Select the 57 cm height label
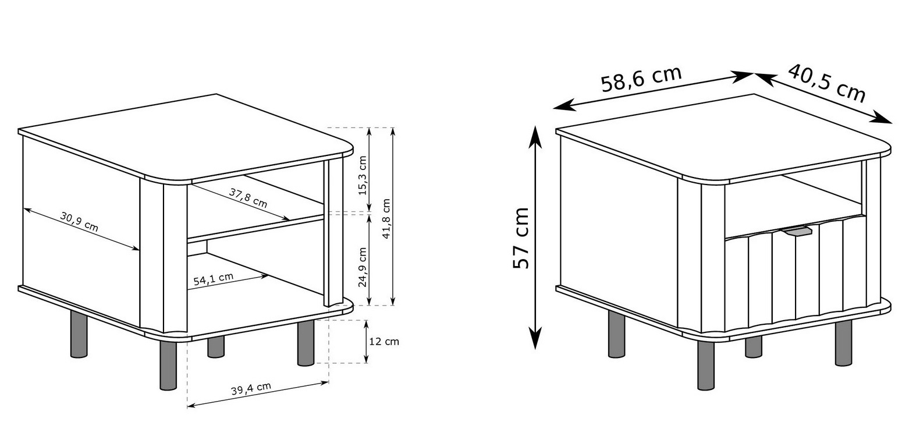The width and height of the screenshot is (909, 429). (521, 238)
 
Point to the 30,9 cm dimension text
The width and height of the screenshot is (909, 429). (79, 222)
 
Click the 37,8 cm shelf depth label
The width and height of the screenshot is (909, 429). (248, 198)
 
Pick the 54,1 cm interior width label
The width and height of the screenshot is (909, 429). (213, 279)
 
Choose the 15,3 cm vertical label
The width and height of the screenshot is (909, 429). (363, 175)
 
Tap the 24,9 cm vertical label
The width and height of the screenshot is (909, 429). (363, 267)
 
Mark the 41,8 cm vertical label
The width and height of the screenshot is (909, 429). (386, 218)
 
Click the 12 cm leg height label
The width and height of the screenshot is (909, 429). (384, 342)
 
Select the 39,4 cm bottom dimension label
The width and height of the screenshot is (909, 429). (251, 388)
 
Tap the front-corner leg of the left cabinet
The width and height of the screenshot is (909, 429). (168, 365)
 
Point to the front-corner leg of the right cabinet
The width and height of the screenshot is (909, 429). (706, 365)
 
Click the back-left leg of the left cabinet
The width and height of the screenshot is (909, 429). (79, 334)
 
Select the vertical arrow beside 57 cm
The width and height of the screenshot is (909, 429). (535, 237)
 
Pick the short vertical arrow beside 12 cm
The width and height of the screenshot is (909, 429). (366, 341)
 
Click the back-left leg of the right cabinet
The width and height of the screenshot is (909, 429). (617, 334)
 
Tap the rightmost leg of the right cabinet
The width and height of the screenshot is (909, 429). (844, 343)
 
